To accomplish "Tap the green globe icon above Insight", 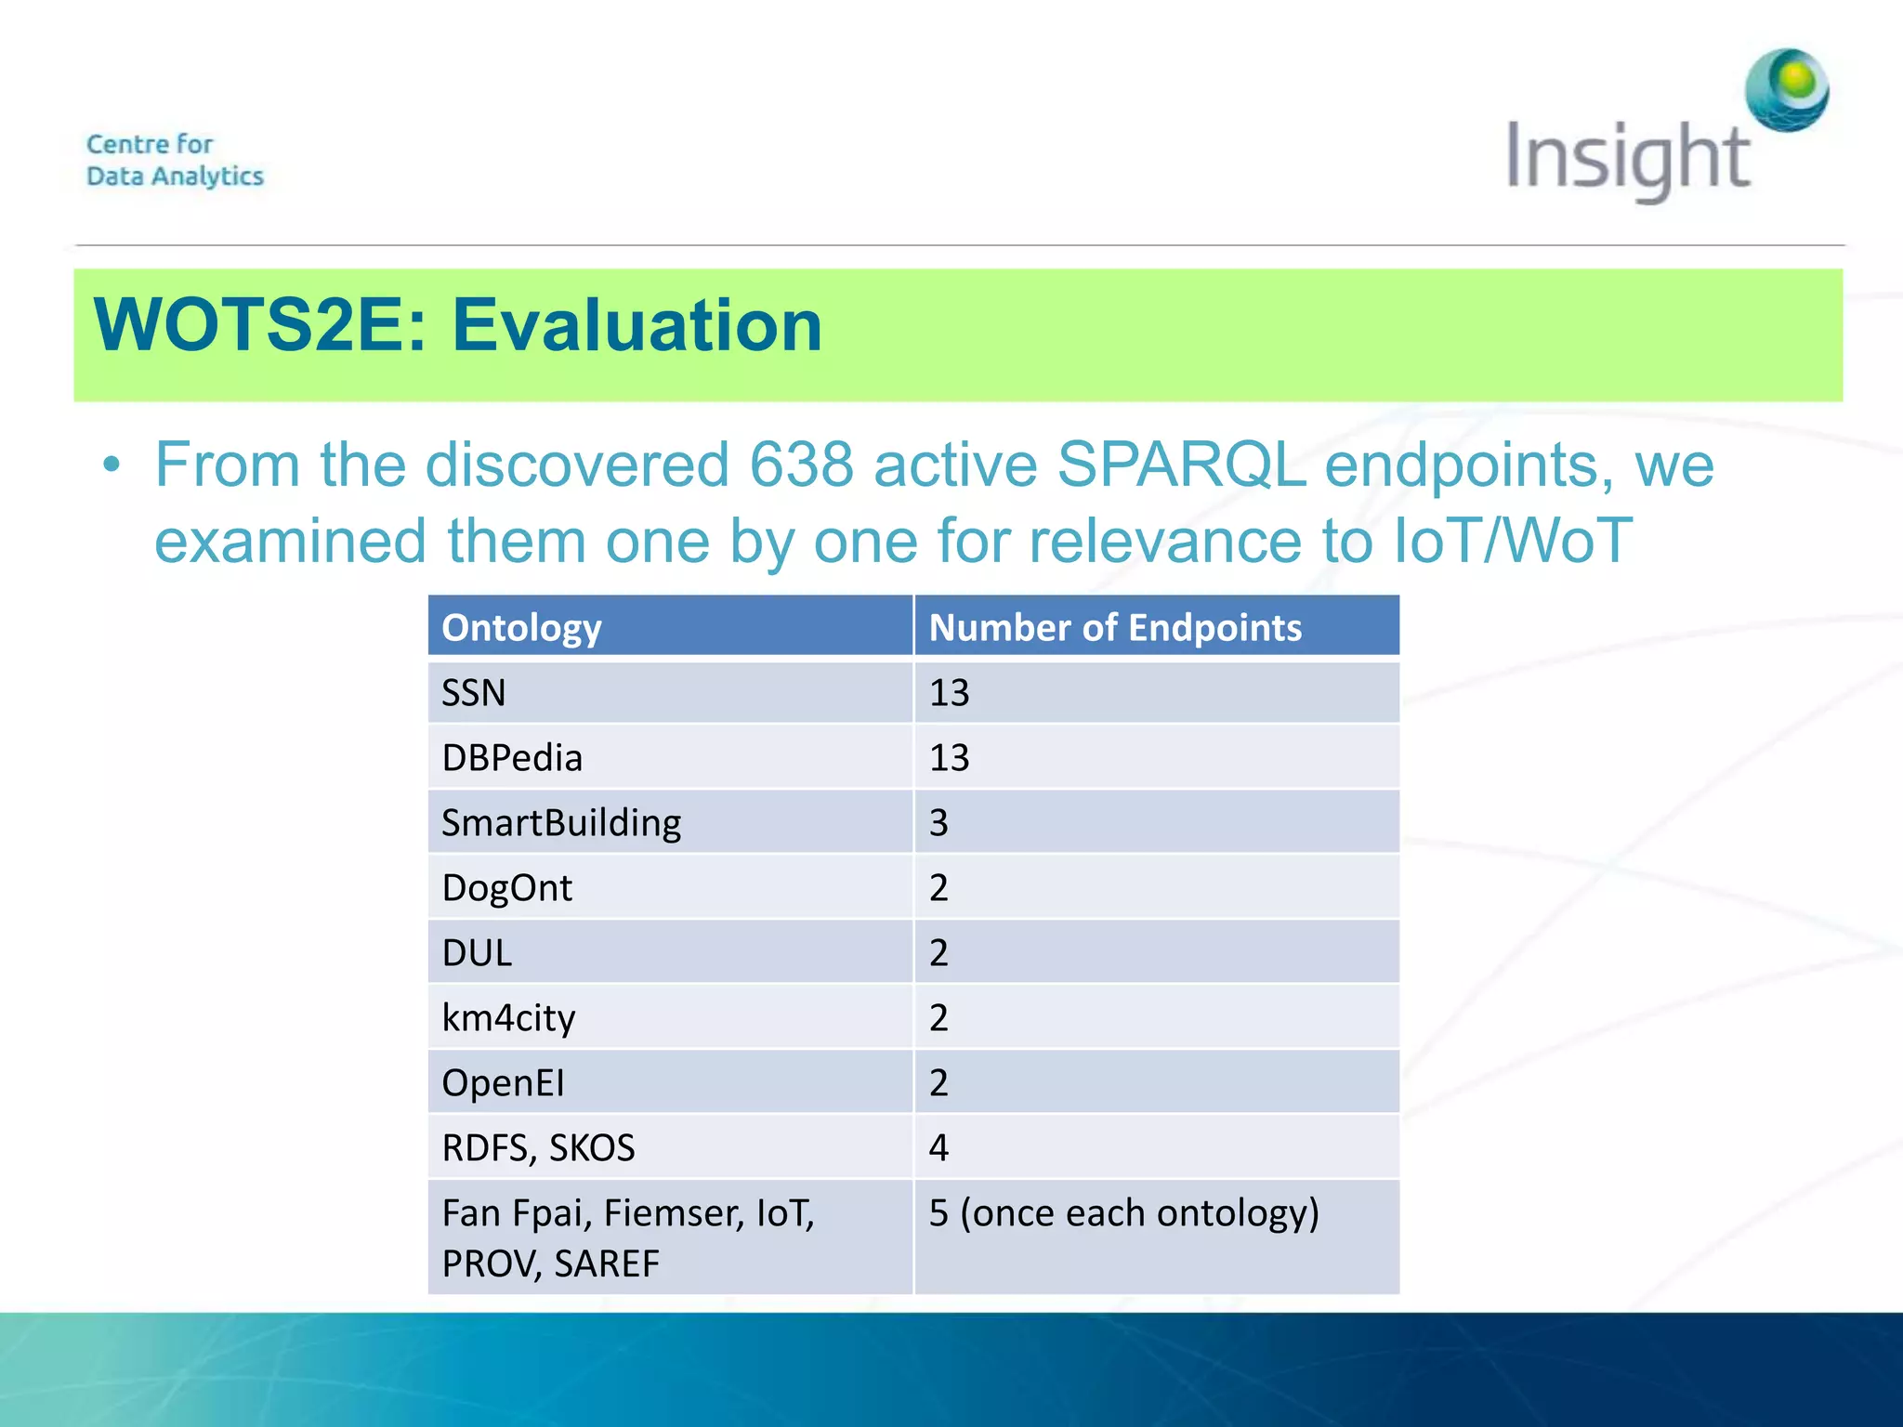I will (1786, 89).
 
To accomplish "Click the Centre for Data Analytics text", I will (175, 160).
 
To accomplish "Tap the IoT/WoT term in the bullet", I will (1512, 540).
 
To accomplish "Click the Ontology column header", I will (521, 628).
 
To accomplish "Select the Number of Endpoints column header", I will (1115, 628).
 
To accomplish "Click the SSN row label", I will (473, 693).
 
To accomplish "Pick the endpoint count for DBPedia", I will (949, 758).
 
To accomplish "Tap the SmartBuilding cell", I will (561, 823).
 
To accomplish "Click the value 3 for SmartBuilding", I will (938, 823).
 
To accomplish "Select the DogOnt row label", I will (506, 888).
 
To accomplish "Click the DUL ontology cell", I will (477, 953).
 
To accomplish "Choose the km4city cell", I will (508, 1018).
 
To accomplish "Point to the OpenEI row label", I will (503, 1083).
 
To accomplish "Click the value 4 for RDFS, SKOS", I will (938, 1148).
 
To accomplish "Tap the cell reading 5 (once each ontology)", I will (1123, 1213).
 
